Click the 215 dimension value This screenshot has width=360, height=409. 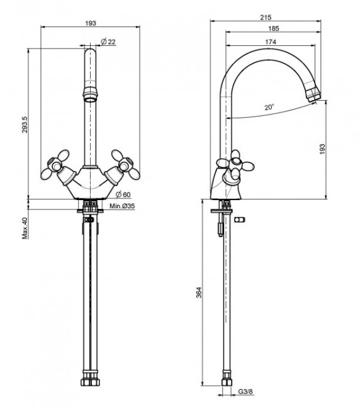click(x=266, y=17)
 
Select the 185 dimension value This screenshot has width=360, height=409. click(x=273, y=28)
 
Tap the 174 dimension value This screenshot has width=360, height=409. click(x=271, y=42)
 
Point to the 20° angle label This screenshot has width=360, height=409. click(x=269, y=107)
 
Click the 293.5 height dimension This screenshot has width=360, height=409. click(x=25, y=125)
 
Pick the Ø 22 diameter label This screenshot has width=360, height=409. click(x=108, y=42)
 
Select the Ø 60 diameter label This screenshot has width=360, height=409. click(x=123, y=194)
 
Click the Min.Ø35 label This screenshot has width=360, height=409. click(x=122, y=206)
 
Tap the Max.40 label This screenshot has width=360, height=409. click(x=25, y=228)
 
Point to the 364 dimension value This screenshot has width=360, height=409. click(x=199, y=293)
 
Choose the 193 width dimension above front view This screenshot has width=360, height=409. click(x=91, y=23)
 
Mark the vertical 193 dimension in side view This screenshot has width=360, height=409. click(x=322, y=149)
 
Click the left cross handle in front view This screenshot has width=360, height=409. click(x=55, y=165)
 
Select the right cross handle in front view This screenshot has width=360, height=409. click(x=125, y=165)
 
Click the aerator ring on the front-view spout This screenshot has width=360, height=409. click(x=90, y=95)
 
